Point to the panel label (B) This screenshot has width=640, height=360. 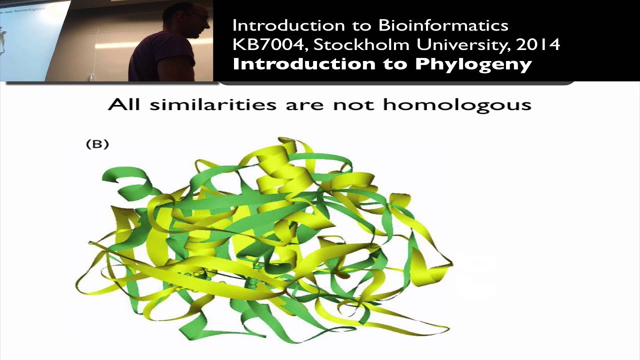click(x=97, y=144)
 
